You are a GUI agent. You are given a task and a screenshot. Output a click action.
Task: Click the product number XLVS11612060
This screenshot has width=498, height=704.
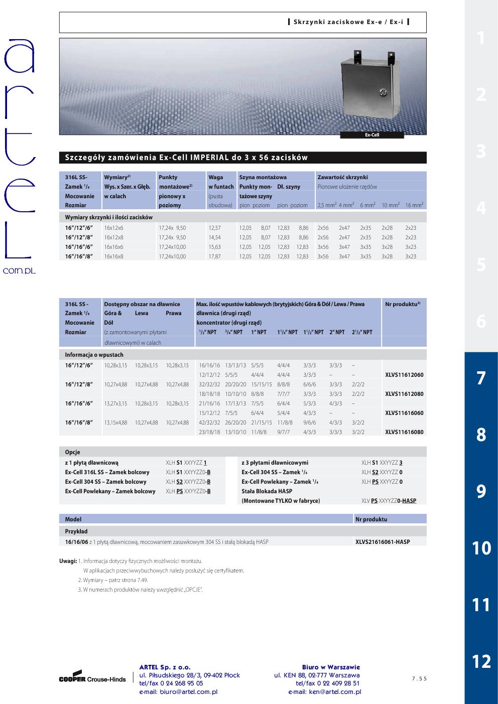tap(404, 375)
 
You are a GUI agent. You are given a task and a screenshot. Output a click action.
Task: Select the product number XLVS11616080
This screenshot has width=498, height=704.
tap(404, 432)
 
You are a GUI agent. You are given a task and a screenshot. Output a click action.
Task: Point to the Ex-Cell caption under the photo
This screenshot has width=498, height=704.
tap(372, 135)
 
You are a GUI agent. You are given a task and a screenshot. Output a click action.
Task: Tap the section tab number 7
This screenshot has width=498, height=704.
tap(481, 378)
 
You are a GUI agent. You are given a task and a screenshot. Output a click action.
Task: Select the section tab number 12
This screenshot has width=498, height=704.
tap(481, 661)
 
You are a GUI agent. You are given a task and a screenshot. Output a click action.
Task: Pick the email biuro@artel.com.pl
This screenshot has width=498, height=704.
tap(178, 692)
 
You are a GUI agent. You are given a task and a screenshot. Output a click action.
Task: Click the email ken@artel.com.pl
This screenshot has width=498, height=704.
tap(325, 692)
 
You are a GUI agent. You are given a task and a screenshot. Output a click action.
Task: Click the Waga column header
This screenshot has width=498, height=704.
tap(216, 177)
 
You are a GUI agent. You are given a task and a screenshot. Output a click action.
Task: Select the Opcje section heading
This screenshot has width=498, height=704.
tap(73, 452)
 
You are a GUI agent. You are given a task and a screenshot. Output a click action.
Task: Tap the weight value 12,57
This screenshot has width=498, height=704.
tap(214, 228)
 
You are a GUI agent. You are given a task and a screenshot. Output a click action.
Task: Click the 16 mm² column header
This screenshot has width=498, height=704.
tap(414, 205)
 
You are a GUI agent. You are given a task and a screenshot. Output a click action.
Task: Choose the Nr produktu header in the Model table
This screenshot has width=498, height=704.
tap(371, 519)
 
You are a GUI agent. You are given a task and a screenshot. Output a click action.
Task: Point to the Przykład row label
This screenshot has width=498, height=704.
tap(76, 531)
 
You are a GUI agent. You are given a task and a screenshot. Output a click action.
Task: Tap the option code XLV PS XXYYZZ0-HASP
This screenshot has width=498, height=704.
tap(389, 501)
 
